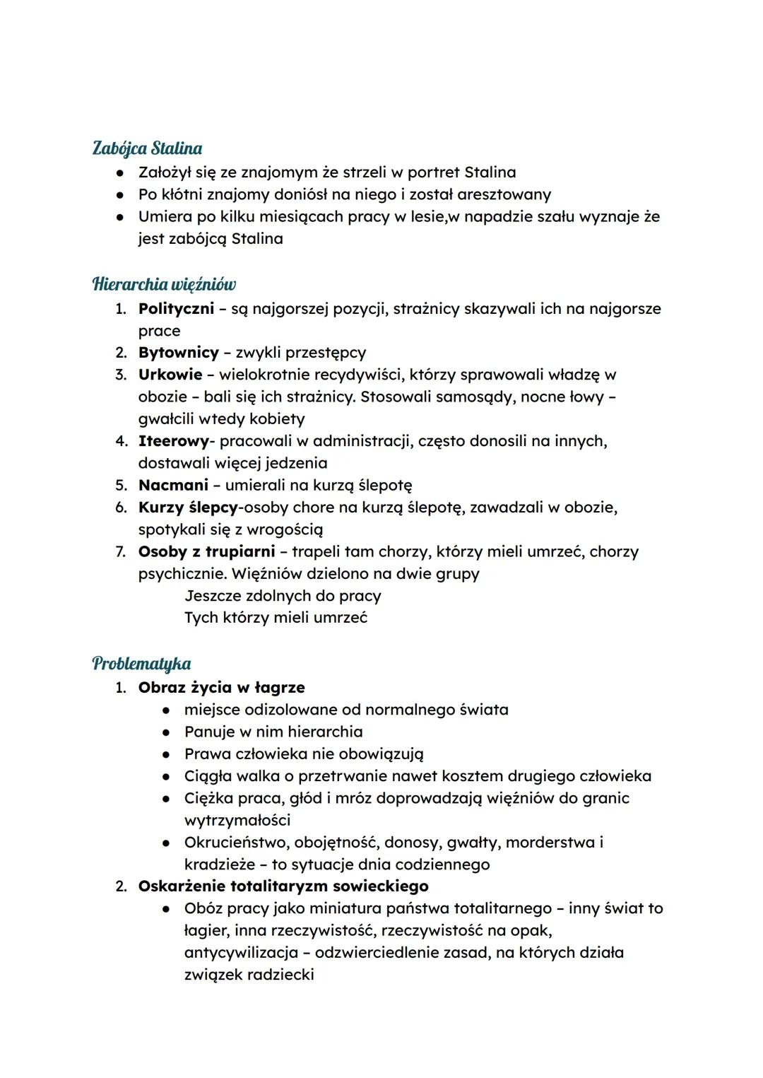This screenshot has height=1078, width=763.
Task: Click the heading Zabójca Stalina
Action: [147, 148]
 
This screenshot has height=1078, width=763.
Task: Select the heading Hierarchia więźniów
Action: [164, 284]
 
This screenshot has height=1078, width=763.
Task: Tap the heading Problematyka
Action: [141, 664]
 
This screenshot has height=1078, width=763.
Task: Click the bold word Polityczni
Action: [176, 309]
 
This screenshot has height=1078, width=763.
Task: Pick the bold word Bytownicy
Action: [178, 353]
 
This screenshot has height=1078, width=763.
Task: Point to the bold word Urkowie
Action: [170, 375]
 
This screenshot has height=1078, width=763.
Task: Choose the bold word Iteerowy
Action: [173, 441]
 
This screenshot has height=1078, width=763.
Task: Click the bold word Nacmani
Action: [173, 485]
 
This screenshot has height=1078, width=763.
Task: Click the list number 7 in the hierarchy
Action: [121, 551]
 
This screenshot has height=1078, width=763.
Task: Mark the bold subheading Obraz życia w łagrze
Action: [221, 687]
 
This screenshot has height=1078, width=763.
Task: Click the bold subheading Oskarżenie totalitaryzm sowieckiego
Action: [283, 886]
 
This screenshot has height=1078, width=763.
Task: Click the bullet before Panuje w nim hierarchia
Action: [166, 732]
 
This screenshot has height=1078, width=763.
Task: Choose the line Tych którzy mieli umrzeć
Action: [276, 618]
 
